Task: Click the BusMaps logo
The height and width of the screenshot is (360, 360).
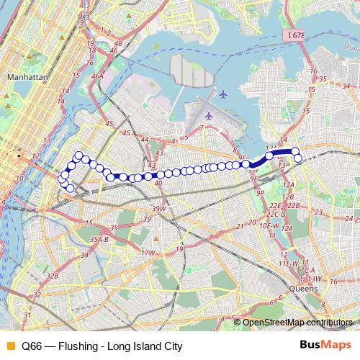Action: (x=331, y=346)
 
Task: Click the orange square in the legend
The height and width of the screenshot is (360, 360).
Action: (x=9, y=346)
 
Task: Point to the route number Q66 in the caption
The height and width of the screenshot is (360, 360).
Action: (x=32, y=346)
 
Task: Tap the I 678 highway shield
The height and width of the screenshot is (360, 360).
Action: (x=294, y=35)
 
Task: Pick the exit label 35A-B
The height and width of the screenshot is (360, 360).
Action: (x=99, y=239)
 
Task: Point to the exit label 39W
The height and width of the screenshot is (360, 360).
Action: (x=159, y=209)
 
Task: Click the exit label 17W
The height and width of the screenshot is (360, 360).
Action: (x=148, y=253)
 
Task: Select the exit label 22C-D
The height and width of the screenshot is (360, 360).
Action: (x=275, y=215)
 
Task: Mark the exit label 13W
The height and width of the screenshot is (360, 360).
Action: (x=312, y=279)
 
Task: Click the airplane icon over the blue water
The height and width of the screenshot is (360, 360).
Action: (x=223, y=94)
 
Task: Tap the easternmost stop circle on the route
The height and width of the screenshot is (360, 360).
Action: (x=298, y=158)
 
